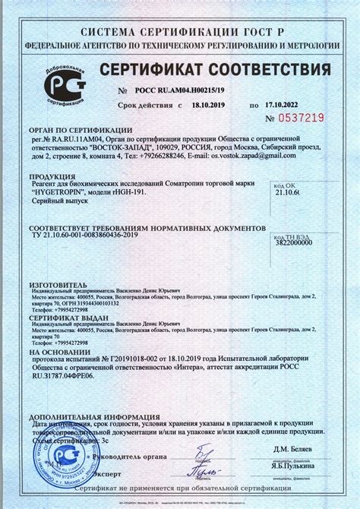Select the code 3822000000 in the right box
292,240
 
